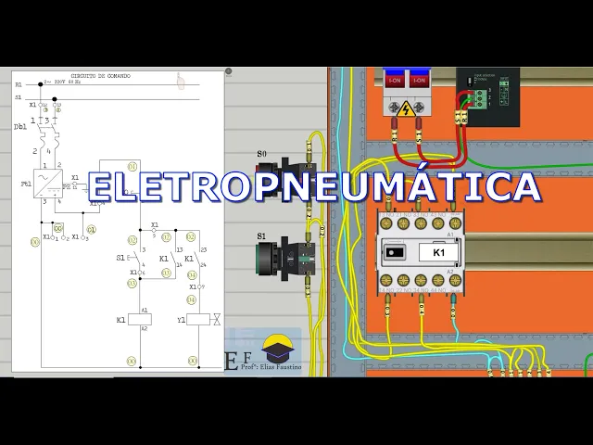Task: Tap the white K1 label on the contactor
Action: click(x=438, y=252)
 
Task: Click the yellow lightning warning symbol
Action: click(x=405, y=108)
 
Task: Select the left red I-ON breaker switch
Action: click(x=395, y=81)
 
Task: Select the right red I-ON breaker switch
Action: click(x=420, y=81)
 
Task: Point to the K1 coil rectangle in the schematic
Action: click(x=141, y=319)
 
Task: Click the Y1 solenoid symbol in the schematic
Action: click(x=198, y=319)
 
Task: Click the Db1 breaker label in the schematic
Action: click(x=20, y=127)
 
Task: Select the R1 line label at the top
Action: click(x=19, y=84)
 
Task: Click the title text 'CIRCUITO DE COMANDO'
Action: click(x=100, y=76)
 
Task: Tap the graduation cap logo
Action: click(x=277, y=349)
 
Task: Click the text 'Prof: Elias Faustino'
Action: click(x=271, y=368)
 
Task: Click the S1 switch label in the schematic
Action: click(x=120, y=258)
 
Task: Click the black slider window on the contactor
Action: click(x=395, y=252)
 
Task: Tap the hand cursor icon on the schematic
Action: click(x=181, y=82)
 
